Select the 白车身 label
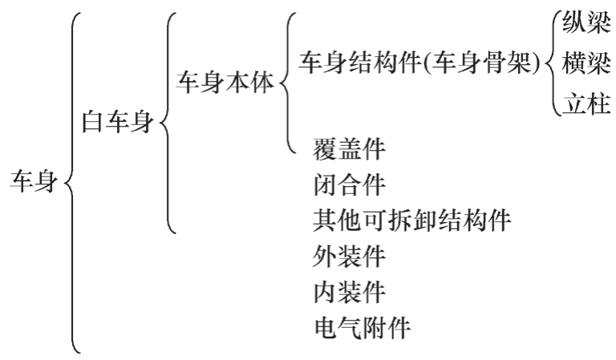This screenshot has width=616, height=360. click(x=117, y=124)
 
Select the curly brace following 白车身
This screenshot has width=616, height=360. click(x=167, y=124)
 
